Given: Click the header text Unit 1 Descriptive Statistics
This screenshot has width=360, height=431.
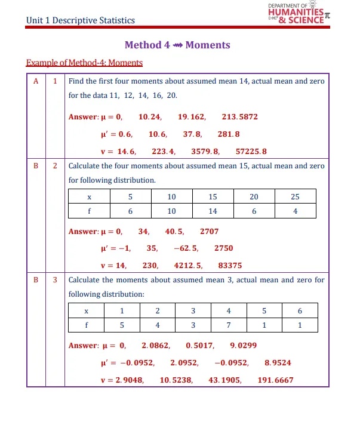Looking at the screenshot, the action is pyautogui.click(x=81, y=21).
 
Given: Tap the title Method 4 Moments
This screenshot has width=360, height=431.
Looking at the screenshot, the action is pyautogui.click(x=177, y=45).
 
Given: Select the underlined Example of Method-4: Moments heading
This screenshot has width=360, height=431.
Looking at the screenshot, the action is pyautogui.click(x=85, y=63).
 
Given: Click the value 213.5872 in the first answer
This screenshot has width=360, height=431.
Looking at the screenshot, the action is pyautogui.click(x=239, y=117).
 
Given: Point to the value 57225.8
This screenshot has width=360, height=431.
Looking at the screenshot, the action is pyautogui.click(x=251, y=152).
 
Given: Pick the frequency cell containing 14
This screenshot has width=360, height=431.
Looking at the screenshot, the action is pyautogui.click(x=213, y=211).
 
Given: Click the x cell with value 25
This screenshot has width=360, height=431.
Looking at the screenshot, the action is pyautogui.click(x=295, y=197).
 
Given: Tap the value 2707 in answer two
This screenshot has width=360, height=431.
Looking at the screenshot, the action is pyautogui.click(x=210, y=231).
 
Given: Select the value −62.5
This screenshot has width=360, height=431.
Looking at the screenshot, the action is pyautogui.click(x=186, y=248).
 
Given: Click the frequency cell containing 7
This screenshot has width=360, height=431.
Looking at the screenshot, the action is pyautogui.click(x=229, y=325).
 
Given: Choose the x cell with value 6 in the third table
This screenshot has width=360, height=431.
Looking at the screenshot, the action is pyautogui.click(x=300, y=311).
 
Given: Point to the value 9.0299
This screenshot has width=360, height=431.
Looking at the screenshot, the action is pyautogui.click(x=243, y=345).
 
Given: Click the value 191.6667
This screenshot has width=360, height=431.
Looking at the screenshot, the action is pyautogui.click(x=275, y=380).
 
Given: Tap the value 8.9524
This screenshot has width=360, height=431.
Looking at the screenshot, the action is pyautogui.click(x=278, y=362).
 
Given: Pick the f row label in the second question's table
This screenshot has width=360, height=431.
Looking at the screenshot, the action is pyautogui.click(x=89, y=211).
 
